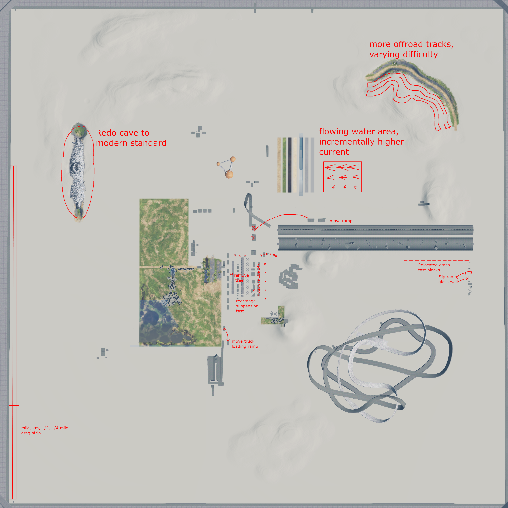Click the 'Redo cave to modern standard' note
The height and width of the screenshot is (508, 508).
131,138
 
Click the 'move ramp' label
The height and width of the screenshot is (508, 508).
341,221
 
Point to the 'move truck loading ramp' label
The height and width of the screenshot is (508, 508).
245,344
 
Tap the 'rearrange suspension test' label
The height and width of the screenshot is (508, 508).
247,306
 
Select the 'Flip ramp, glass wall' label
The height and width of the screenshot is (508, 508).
448,279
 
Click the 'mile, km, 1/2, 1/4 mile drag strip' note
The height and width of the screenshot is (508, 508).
45,430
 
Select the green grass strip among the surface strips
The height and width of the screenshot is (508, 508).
284,165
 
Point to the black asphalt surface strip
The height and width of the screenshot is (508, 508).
289,165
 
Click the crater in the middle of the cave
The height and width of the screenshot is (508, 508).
77,166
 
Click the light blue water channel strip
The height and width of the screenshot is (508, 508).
301,154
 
